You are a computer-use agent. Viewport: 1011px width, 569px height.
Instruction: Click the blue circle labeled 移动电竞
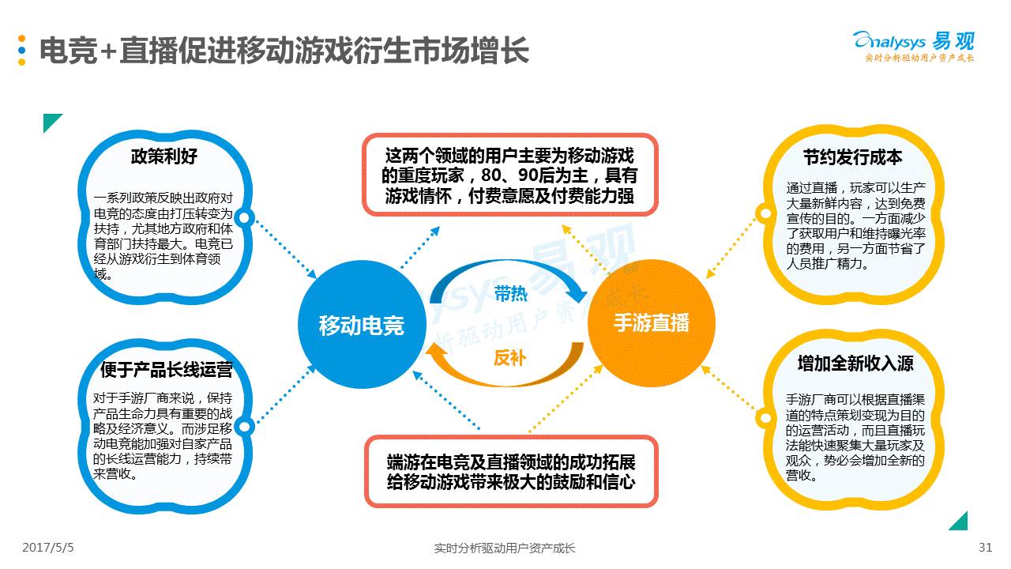coord(361,325)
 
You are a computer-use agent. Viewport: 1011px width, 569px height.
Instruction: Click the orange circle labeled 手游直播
coord(651,323)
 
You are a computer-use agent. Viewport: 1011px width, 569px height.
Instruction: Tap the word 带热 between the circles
coord(510,295)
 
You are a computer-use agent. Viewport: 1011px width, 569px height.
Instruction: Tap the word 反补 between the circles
coord(509,357)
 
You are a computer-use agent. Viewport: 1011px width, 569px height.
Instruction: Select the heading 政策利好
coord(163,156)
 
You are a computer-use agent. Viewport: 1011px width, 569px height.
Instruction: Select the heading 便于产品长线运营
coord(166,370)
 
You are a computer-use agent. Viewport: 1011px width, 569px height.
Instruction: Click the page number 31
coord(985,548)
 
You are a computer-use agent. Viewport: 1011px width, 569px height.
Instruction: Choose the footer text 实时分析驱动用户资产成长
coord(505,548)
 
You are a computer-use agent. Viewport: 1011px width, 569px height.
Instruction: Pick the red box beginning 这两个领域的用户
coord(509,175)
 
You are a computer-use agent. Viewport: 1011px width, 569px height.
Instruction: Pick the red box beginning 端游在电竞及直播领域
coord(510,472)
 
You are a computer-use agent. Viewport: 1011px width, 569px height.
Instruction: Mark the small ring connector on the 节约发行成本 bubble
coord(763,213)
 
